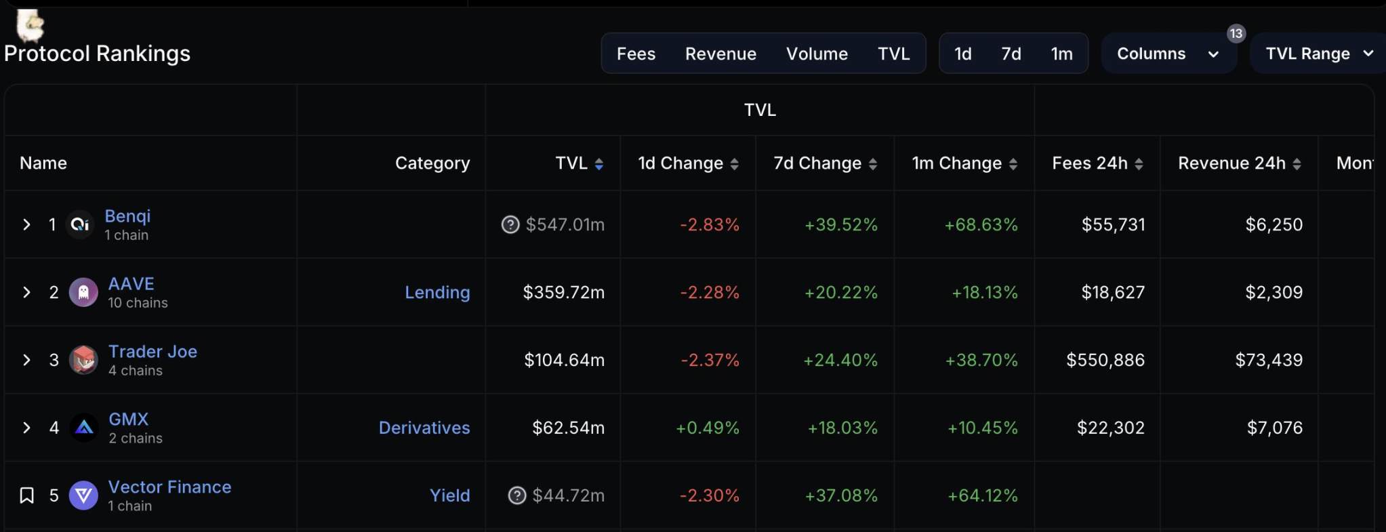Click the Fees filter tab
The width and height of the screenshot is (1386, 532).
pos(636,54)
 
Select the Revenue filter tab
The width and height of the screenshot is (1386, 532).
pos(720,54)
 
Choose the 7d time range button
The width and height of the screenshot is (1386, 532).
pos(1011,54)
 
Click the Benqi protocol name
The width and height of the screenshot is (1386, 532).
pos(127,216)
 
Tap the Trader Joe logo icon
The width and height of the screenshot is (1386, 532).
pos(84,360)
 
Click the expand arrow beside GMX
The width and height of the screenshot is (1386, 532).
pos(26,428)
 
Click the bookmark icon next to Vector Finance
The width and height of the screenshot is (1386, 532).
pos(26,495)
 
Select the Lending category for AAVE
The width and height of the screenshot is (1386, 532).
pos(437,292)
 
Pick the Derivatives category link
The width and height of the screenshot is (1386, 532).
pos(424,428)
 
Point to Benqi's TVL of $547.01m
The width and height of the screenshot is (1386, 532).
pos(565,224)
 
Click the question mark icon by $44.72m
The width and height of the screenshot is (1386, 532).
pos(517,495)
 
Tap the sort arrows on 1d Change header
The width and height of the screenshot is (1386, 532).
pos(734,163)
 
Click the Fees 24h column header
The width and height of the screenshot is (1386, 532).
pos(1090,163)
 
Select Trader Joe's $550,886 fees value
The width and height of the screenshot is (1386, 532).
pos(1105,360)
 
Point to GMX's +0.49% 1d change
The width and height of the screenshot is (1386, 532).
pos(707,428)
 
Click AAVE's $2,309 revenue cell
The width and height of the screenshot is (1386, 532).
pos(1273,292)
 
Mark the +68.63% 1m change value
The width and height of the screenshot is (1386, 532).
pos(981,224)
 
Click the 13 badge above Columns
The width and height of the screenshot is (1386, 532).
pos(1236,33)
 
